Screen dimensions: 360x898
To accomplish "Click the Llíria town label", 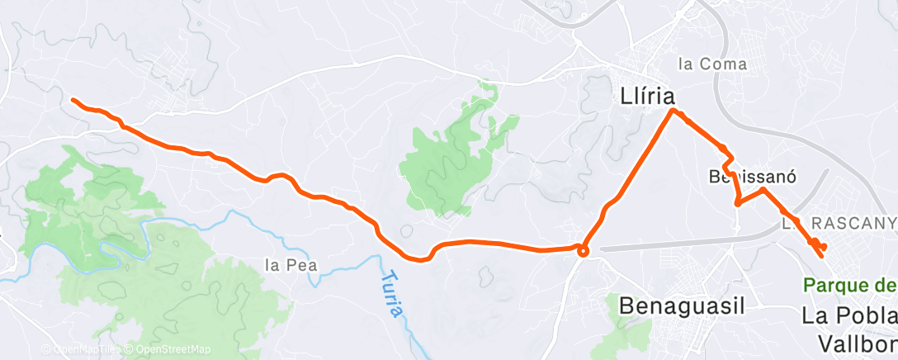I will tap(652, 96).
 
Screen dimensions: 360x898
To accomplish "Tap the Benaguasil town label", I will tap(681, 306).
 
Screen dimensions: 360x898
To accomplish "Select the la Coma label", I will tap(711, 64).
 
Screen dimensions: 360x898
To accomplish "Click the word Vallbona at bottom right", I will tap(858, 342).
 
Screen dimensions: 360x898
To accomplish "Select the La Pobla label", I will tap(850, 317).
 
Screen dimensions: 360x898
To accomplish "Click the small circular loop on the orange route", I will tap(583, 251).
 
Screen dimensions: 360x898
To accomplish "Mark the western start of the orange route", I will tap(73, 100).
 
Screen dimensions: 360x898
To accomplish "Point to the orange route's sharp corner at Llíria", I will tap(673, 110).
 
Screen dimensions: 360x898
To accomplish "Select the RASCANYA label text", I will tap(850, 223).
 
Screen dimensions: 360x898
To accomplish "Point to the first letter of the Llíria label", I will tap(626, 96).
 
